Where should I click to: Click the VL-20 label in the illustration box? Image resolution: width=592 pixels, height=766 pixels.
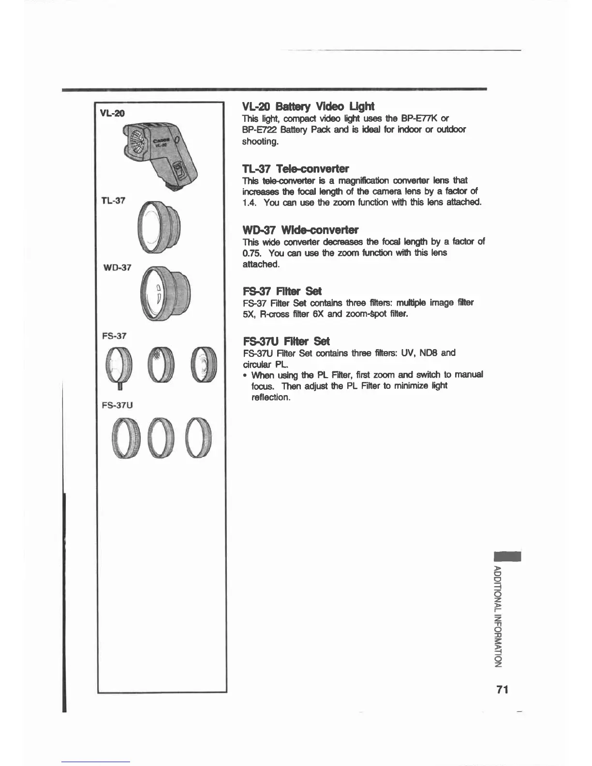[112, 113]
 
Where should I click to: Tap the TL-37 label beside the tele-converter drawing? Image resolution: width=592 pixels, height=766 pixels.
[113, 200]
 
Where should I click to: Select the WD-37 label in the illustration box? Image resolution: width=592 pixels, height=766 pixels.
[117, 267]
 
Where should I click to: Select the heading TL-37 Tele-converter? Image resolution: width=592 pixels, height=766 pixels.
[296, 168]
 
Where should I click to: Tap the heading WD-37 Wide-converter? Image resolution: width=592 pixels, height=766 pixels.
[300, 229]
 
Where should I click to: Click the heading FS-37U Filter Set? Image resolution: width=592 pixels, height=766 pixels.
[286, 340]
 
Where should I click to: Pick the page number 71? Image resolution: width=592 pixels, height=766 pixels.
[502, 690]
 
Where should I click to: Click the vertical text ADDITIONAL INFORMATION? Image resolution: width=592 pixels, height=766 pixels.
[498, 616]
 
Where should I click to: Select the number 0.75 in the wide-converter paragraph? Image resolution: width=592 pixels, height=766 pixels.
[252, 253]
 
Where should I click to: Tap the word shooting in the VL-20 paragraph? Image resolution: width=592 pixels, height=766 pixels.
[260, 142]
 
